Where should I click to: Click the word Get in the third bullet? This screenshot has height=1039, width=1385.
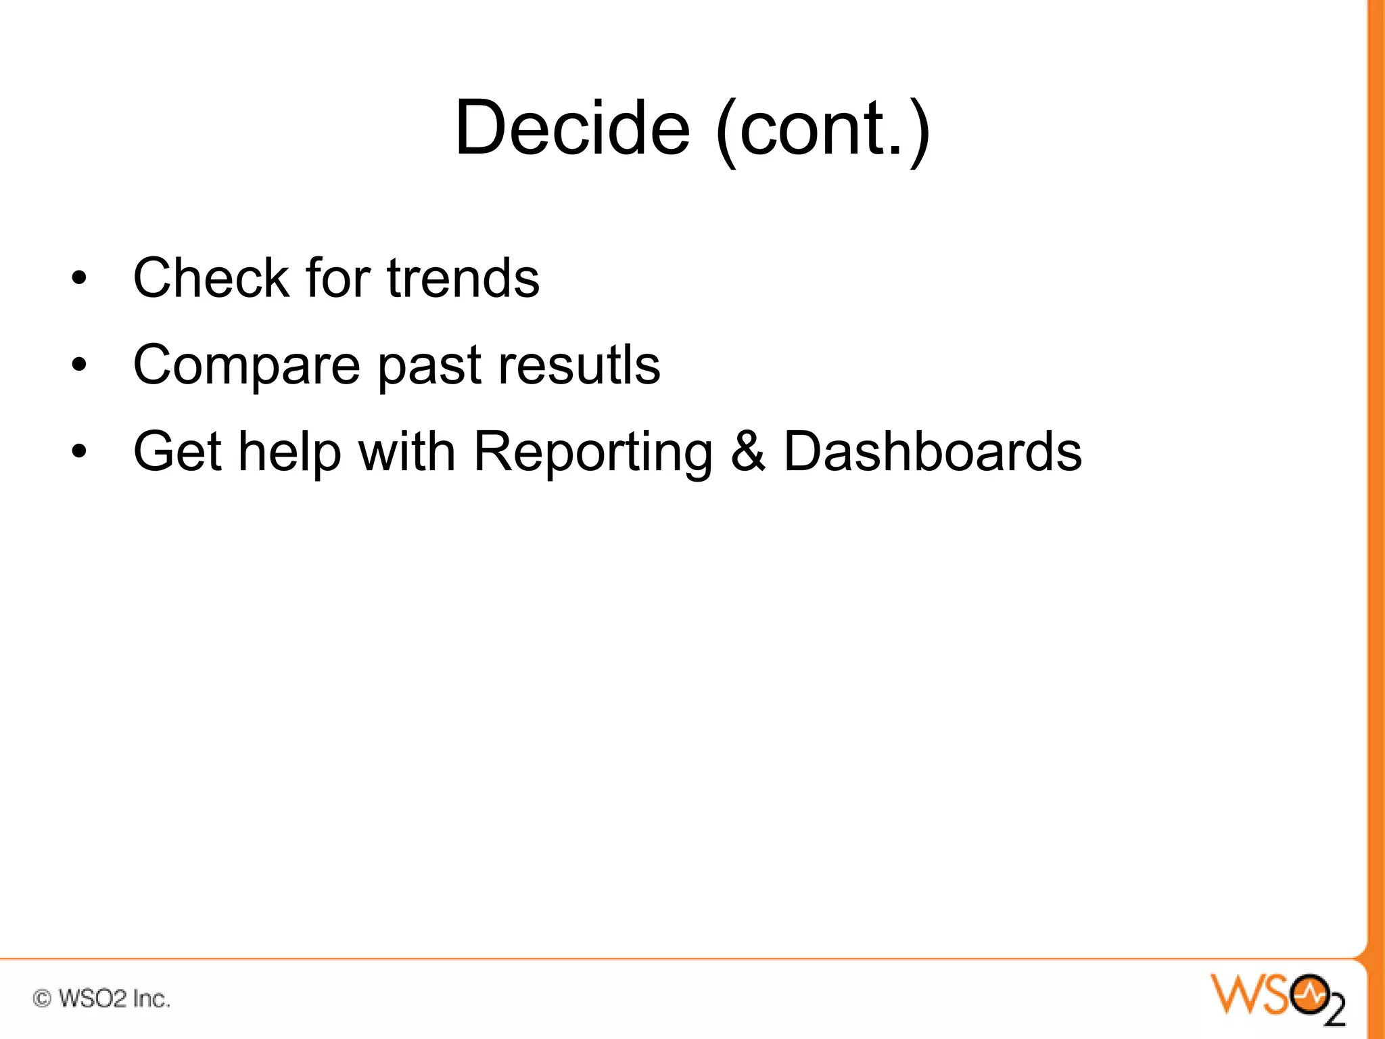click(178, 451)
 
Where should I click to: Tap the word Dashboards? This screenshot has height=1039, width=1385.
click(932, 451)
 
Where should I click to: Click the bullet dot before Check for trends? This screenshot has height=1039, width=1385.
click(80, 278)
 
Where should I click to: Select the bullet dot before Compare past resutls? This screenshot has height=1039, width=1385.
click(80, 365)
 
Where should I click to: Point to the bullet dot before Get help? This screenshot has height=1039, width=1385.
click(80, 451)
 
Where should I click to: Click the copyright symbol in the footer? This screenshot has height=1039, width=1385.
click(42, 998)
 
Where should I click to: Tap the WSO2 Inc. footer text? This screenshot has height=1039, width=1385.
click(114, 998)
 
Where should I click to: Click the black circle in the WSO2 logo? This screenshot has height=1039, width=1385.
click(1309, 994)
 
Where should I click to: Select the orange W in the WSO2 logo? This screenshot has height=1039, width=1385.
click(1235, 994)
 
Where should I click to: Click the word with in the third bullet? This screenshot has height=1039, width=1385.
click(406, 451)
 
